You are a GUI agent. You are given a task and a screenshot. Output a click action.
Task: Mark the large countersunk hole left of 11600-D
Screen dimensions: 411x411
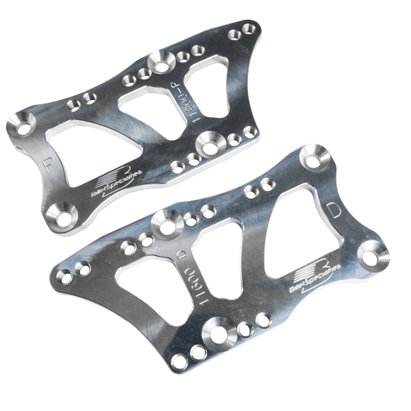(164, 223)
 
